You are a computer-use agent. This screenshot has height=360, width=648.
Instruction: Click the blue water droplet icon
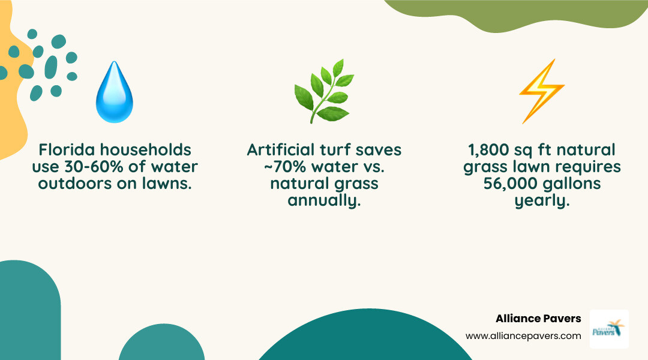point(114,92)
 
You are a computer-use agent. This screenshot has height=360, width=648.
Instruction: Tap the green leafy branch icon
point(323,91)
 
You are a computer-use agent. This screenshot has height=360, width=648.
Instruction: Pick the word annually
point(324,200)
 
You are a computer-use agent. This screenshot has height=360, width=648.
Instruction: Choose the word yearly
point(541,200)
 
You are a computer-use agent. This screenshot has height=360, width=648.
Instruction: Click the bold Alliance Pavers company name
point(538,319)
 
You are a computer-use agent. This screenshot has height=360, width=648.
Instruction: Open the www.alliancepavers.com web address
point(523,336)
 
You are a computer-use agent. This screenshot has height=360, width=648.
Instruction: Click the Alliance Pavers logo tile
point(608,328)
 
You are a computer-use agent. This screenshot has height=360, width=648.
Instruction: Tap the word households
point(151,150)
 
